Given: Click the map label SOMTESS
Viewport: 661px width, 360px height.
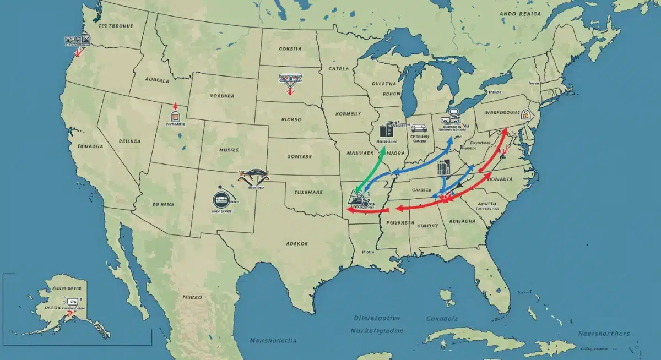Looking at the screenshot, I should tap(300, 157).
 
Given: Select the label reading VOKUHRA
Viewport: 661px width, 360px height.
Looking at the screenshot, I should tap(222, 96).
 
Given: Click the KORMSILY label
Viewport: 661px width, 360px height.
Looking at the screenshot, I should tap(348, 114).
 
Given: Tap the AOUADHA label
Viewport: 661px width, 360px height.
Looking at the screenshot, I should tap(463, 221).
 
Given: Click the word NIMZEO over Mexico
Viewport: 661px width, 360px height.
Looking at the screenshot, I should tap(192, 297).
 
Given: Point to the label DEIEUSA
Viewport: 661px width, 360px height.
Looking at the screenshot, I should tap(129, 141).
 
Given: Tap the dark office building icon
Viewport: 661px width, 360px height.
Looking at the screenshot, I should tap(387, 130).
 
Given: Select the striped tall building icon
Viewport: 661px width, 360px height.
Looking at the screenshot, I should tap(443, 168).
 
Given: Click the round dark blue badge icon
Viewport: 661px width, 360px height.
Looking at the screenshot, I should tap(220, 200).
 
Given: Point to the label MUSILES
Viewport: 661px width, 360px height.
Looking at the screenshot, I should tap(229, 150).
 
